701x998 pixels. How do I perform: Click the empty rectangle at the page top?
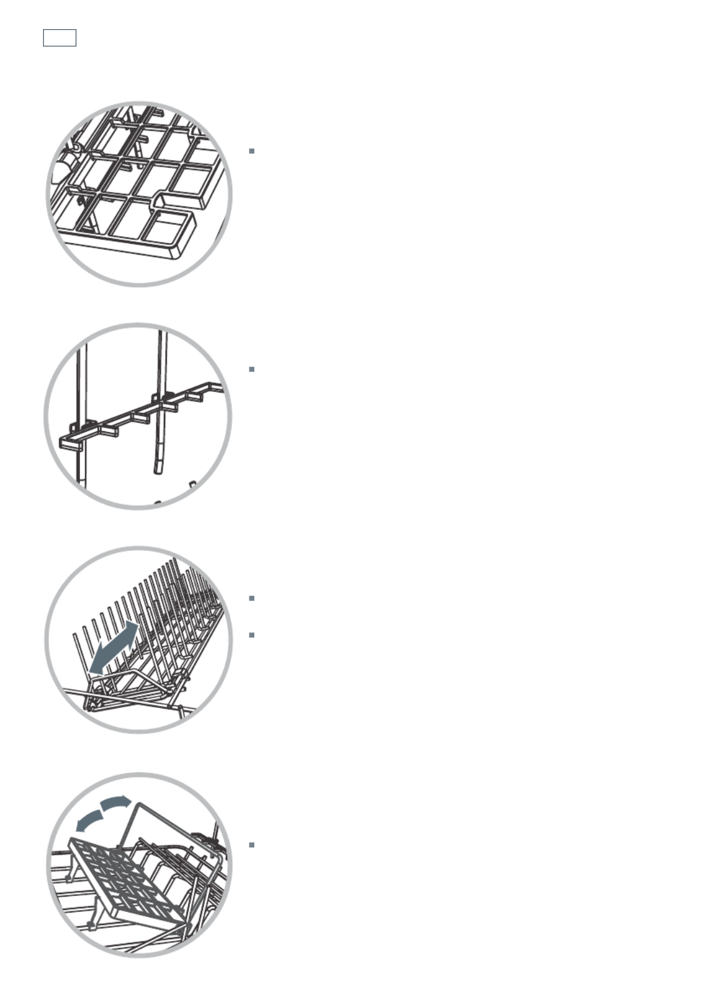point(59,38)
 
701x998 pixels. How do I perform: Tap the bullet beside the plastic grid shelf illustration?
point(252,151)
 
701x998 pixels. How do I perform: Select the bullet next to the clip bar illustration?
point(252,369)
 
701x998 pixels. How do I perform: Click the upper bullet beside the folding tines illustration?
point(252,598)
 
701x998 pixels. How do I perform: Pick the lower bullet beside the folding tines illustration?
point(252,635)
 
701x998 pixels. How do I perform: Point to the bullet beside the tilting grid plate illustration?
point(252,845)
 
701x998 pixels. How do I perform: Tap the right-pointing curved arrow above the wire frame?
point(116,803)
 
